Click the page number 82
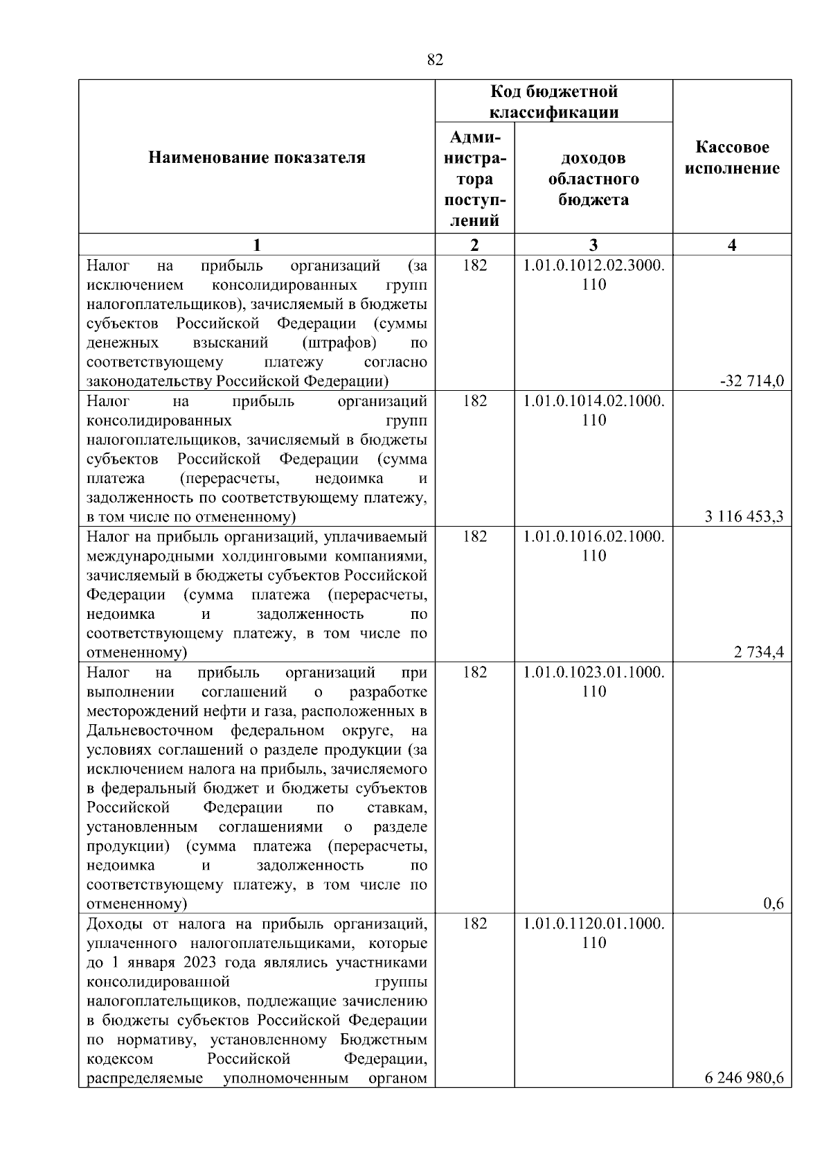435,60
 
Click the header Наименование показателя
257,158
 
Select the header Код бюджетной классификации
554,101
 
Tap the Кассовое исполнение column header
732,158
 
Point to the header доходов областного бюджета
593,179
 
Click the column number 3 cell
593,245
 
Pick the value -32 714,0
752,381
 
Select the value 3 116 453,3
744,516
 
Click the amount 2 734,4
759,652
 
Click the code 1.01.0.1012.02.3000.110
593,274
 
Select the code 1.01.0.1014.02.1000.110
593,410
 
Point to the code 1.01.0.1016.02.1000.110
593,545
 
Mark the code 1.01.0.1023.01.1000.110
593,681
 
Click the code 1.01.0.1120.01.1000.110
593,933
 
